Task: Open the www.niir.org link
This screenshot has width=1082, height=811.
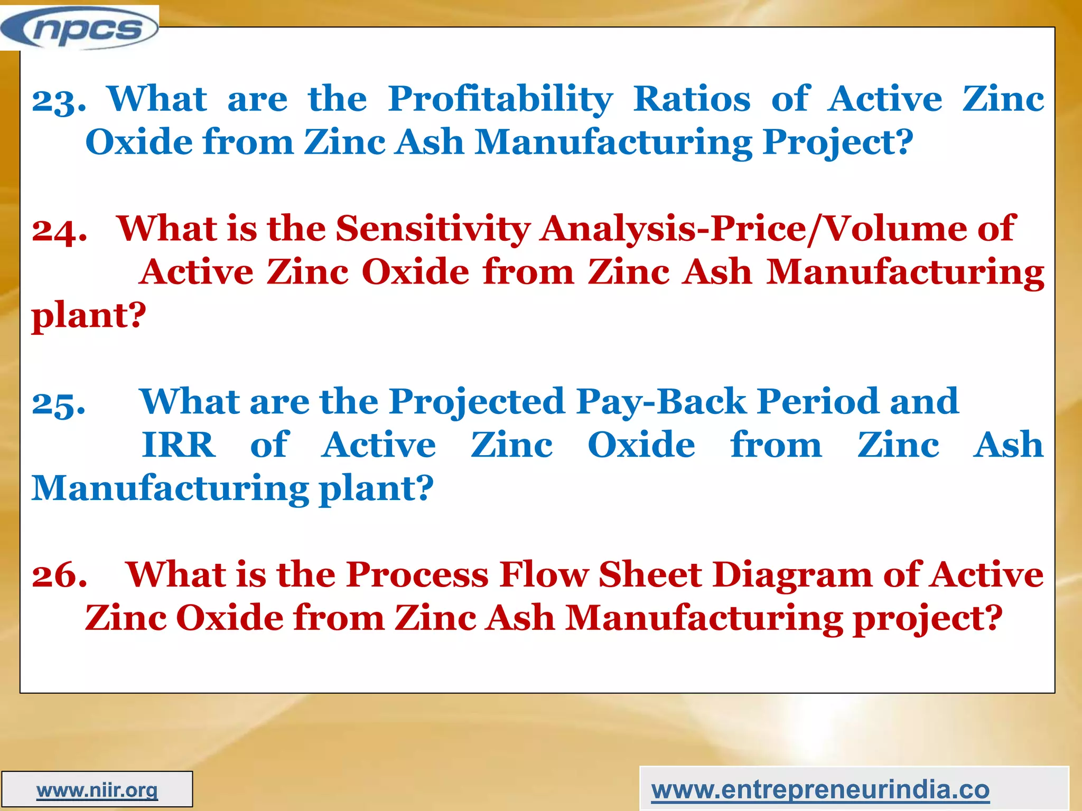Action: [97, 790]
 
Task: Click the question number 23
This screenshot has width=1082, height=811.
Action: [59, 100]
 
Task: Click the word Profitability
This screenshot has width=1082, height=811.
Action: [500, 100]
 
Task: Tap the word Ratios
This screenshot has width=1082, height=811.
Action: [692, 99]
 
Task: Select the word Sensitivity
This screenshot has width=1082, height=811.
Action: [433, 230]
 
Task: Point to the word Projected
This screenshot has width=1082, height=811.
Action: [478, 402]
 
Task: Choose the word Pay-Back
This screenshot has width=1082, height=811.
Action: [661, 402]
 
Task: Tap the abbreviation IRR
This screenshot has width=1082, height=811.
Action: [179, 445]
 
